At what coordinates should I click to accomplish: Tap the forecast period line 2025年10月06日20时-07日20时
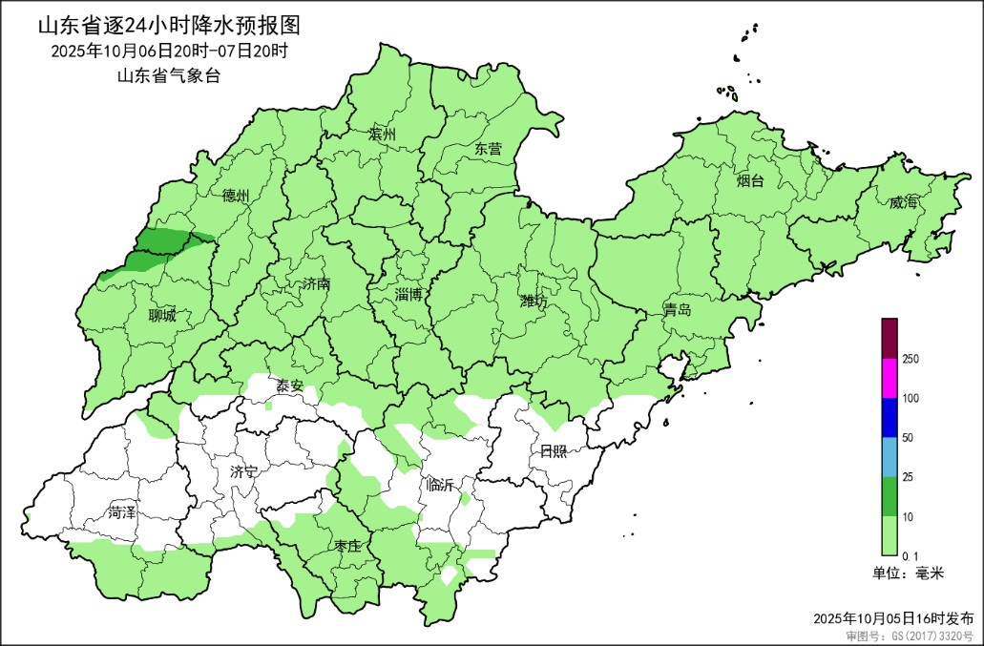tap(169, 51)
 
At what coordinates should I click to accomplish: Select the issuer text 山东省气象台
tap(168, 76)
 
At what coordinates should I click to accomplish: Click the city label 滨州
tap(382, 135)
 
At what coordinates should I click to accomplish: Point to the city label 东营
tap(488, 149)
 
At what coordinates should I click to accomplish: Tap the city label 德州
tap(235, 196)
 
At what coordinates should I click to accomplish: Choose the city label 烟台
tap(749, 179)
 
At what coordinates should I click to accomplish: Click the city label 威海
tap(902, 202)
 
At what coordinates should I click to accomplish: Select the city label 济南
tap(315, 284)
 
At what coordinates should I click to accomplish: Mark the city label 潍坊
tap(534, 302)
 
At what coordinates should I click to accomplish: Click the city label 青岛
tap(678, 311)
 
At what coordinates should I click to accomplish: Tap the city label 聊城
tap(162, 316)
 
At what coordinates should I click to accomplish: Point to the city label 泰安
tap(290, 386)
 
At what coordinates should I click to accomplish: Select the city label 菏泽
tap(122, 511)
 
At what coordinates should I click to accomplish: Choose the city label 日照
tap(553, 451)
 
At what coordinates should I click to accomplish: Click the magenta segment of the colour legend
tap(890, 378)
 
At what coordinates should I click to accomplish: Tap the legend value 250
tap(910, 359)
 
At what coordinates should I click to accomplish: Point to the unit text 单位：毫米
tap(908, 573)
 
